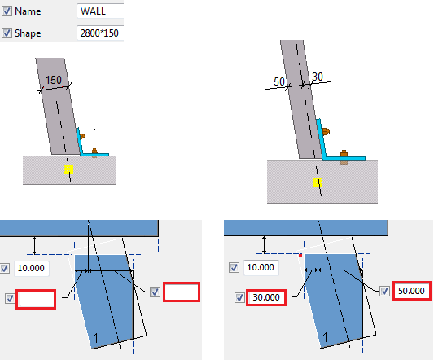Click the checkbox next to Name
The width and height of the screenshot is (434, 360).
click(7, 11)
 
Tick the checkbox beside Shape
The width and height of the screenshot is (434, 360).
click(7, 33)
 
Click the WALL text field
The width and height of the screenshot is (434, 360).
click(100, 11)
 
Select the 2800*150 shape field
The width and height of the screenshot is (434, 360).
click(100, 33)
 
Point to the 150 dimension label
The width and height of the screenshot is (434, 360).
click(53, 80)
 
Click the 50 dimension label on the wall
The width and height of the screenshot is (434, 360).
click(279, 81)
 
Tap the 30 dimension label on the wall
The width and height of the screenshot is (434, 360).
click(318, 77)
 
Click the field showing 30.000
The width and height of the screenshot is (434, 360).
click(266, 297)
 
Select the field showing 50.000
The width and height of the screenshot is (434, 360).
click(411, 291)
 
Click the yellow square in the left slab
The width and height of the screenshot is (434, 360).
click(68, 169)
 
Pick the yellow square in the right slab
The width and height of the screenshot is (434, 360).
click(318, 182)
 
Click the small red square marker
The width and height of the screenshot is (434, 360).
click(300, 256)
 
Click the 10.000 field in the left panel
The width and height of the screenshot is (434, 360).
click(32, 268)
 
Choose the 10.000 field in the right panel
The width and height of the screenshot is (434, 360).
click(261, 267)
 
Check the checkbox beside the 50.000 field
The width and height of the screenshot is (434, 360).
click(384, 291)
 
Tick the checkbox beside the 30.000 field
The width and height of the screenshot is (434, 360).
click(239, 298)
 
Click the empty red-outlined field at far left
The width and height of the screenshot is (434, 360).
click(36, 299)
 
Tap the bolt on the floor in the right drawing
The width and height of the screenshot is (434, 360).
click(344, 156)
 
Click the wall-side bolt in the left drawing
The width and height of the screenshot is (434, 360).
click(82, 136)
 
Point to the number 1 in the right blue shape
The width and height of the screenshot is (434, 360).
click(325, 337)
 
